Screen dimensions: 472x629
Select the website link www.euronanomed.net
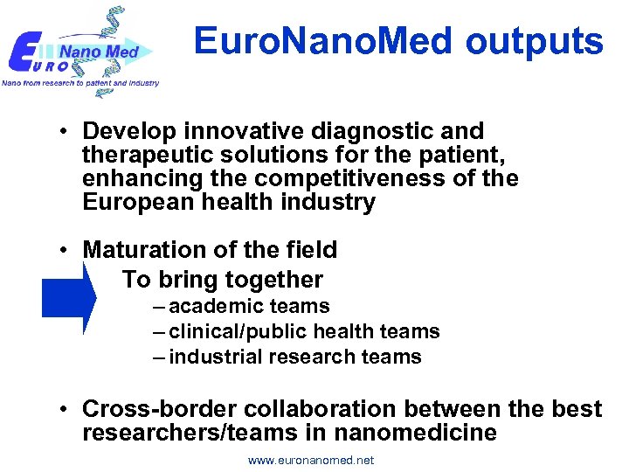tap(311, 460)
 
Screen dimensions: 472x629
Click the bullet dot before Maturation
tap(66, 251)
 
